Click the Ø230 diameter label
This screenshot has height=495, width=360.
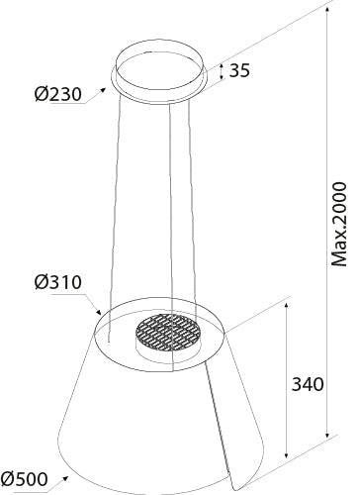tap(57, 96)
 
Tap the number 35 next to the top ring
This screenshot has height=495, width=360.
tap(238, 70)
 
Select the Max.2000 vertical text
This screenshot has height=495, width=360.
tap(339, 239)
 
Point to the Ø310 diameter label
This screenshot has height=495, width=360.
tap(56, 282)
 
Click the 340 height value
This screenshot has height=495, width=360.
tap(309, 385)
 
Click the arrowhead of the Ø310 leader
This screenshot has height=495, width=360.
tap(101, 316)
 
